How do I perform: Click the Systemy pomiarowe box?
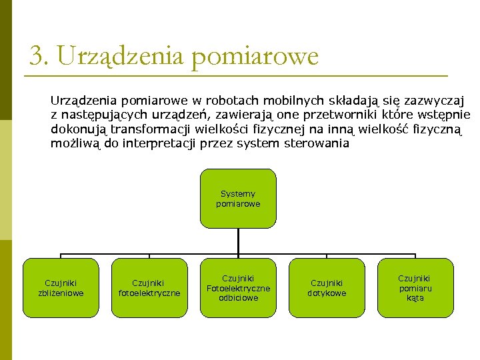pyautogui.click(x=238, y=199)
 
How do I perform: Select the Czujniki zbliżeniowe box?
pyautogui.click(x=61, y=288)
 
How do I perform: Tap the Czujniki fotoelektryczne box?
pyautogui.click(x=149, y=288)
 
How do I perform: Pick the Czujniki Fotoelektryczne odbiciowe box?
pyautogui.click(x=238, y=288)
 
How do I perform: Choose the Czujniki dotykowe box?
pyautogui.click(x=327, y=288)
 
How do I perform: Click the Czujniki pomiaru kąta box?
pyautogui.click(x=415, y=288)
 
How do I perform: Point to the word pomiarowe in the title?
pyautogui.click(x=255, y=57)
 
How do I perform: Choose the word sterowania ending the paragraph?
pyautogui.click(x=316, y=143)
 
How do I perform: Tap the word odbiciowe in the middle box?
pyautogui.click(x=238, y=298)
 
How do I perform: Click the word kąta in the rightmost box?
pyautogui.click(x=415, y=298)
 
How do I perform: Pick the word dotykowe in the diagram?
pyautogui.click(x=327, y=293)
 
